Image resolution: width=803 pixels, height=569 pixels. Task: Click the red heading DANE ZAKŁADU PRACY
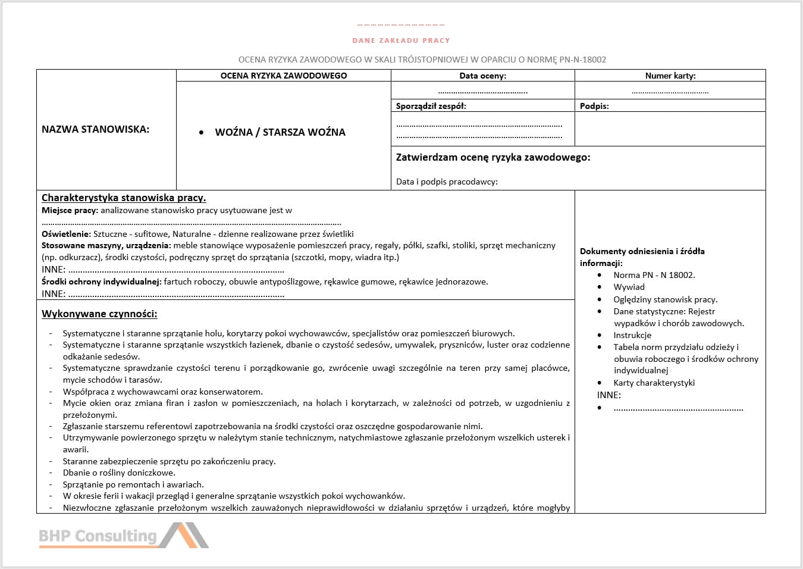coord(401,40)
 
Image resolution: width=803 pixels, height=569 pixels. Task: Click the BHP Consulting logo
coord(124,535)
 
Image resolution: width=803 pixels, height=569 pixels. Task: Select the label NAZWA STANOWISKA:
coord(95,129)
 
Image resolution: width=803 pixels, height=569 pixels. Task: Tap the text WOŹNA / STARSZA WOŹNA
coord(280,132)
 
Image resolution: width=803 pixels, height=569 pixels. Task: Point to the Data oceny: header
coord(482,76)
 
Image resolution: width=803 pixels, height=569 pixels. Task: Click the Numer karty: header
coord(670,76)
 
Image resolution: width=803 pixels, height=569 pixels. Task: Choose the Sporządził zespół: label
coord(431,106)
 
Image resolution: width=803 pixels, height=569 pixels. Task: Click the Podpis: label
coord(594,106)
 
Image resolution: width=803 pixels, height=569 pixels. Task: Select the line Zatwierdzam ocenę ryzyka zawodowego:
coord(493,157)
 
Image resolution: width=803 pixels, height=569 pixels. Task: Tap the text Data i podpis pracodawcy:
coord(447,182)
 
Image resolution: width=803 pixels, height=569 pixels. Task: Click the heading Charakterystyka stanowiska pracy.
coord(124,198)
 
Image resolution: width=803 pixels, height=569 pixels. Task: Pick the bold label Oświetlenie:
coord(66,234)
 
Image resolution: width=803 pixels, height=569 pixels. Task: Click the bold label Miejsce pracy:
coord(70,210)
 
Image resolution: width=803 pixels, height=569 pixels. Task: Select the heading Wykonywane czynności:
coord(99,314)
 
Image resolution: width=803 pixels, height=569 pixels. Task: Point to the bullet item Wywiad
coord(629,287)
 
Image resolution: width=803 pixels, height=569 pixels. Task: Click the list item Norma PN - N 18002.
coord(654,275)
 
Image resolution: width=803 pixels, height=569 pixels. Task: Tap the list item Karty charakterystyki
coord(654,383)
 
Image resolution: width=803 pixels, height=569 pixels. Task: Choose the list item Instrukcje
coord(632,335)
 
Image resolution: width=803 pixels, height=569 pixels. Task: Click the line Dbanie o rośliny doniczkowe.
coord(119,473)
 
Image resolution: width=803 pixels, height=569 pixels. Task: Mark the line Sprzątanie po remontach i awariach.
coord(133,484)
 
